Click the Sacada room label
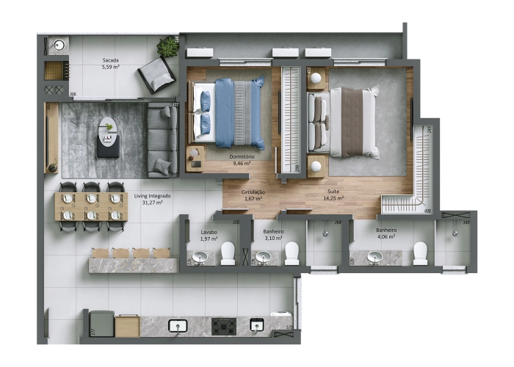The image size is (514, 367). (111, 60)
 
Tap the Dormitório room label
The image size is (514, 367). (242, 156)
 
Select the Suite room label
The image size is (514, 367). (334, 191)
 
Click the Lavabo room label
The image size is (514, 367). (209, 232)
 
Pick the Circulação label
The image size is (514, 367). (253, 192)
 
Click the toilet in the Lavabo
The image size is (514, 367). (228, 253)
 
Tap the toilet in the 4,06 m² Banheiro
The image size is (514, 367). (420, 252)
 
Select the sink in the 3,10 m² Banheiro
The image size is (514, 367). (263, 256)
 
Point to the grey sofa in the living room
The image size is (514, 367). (162, 139)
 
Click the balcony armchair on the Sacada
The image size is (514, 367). (156, 74)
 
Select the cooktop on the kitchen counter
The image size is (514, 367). (223, 325)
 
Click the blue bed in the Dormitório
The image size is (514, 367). (228, 114)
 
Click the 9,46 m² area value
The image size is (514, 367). (242, 164)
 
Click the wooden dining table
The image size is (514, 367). (91, 207)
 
